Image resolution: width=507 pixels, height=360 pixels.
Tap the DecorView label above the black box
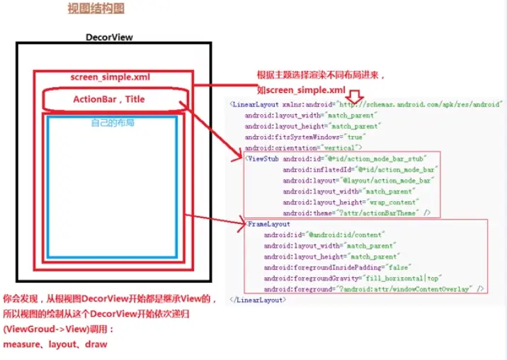pos(109,38)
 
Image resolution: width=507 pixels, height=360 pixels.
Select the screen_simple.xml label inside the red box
pos(110,77)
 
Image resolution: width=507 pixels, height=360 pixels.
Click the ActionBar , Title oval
pos(109,99)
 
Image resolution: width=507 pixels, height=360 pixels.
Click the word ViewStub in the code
pos(263,159)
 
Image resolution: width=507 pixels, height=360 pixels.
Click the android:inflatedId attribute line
pos(360,169)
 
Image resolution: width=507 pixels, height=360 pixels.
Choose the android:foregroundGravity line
pos(343,278)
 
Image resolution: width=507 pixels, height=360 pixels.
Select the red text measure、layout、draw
pos(55,344)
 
